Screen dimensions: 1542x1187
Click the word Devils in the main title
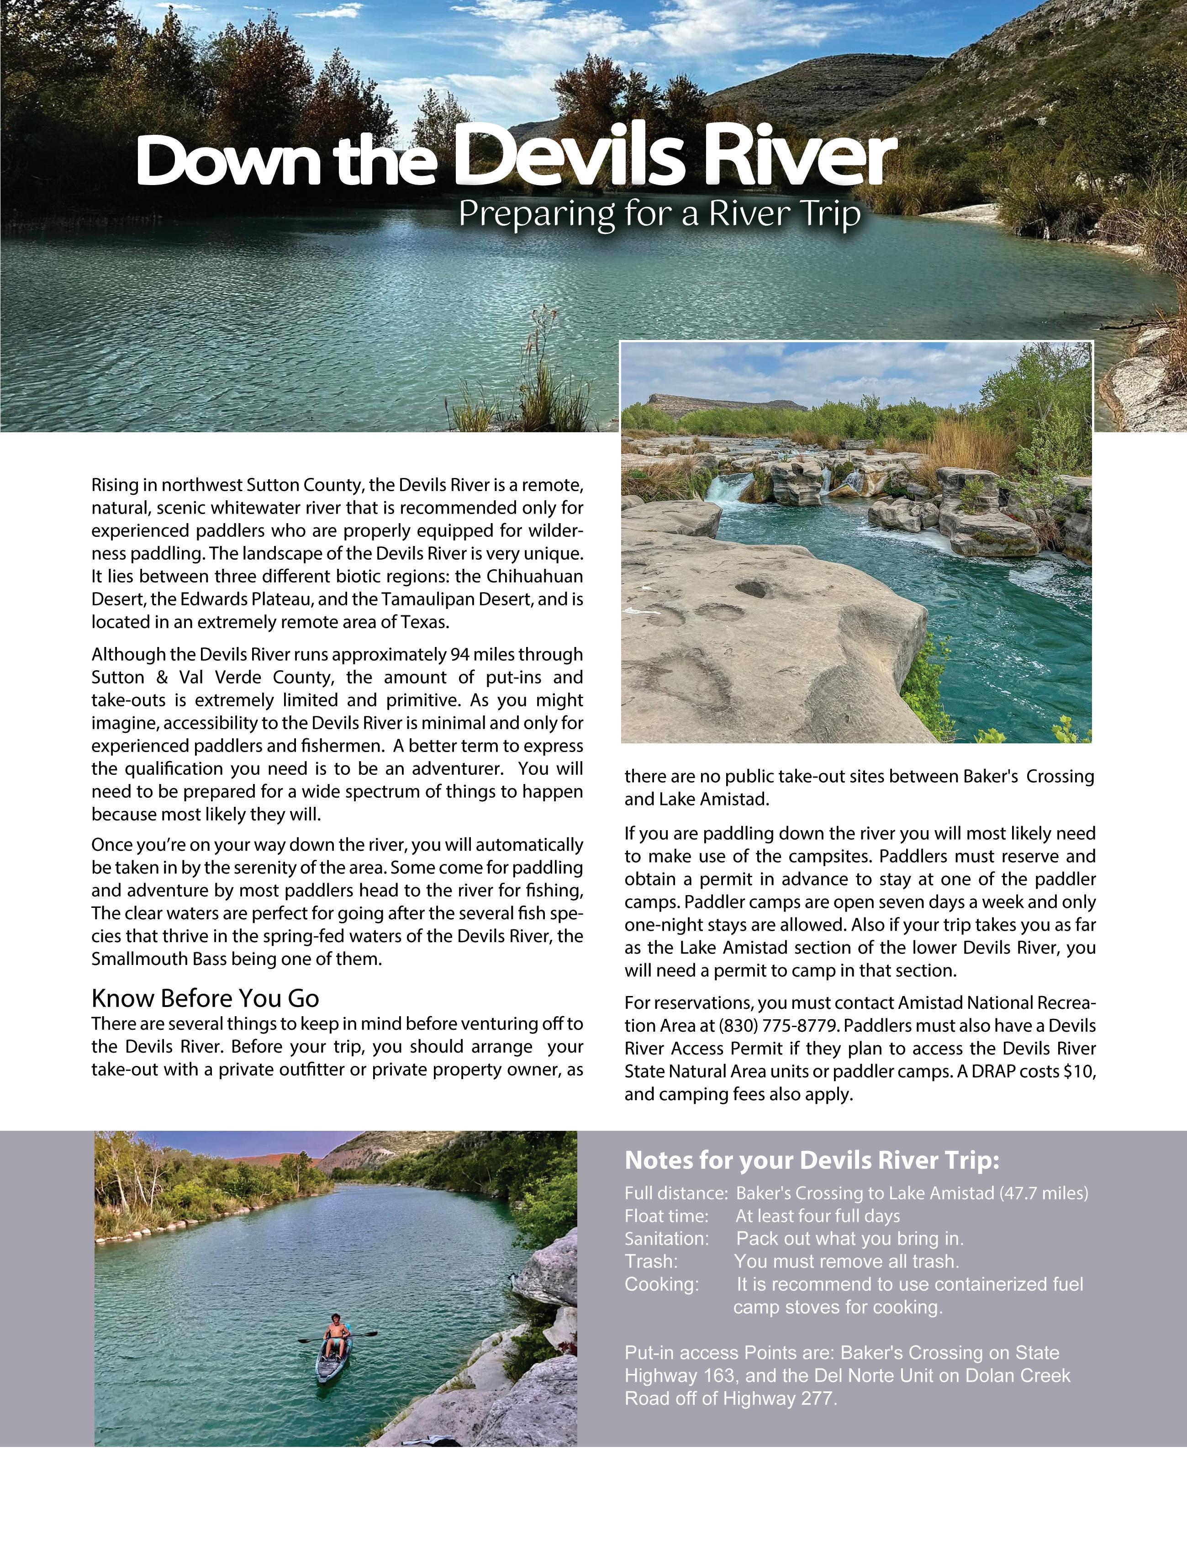tap(569, 159)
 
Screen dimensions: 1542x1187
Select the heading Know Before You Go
tap(205, 998)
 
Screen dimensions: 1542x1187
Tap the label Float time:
tap(665, 1216)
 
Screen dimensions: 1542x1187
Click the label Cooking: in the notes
tap(661, 1283)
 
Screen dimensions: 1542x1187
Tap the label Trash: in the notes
tap(651, 1261)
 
